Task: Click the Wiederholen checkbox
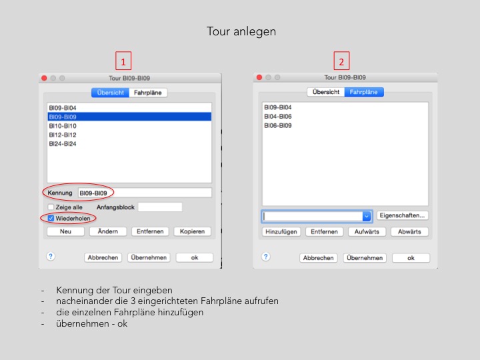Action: click(51, 218)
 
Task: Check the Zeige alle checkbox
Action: click(51, 207)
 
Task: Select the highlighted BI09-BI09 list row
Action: click(129, 117)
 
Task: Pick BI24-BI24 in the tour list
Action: click(63, 144)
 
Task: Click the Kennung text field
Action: click(145, 193)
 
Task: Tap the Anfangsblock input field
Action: click(160, 207)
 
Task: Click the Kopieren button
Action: click(192, 231)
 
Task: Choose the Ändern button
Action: click(108, 231)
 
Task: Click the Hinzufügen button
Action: click(281, 232)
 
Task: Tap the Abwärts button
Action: click(409, 232)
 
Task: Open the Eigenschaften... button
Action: click(402, 215)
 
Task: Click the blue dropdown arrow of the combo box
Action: click(367, 217)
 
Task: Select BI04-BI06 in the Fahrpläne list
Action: click(278, 116)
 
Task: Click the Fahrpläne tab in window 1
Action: click(148, 93)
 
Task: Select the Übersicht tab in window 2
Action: click(326, 92)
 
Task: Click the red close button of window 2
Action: click(259, 77)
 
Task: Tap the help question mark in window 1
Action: click(51, 256)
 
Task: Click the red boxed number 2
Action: click(341, 61)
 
